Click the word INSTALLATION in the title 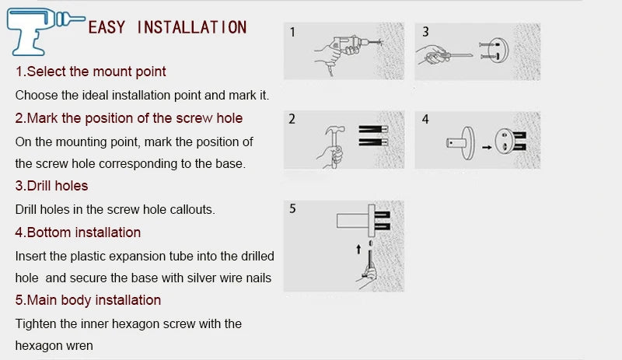click(191, 28)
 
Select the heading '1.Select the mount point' click(92, 72)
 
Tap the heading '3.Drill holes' click(52, 186)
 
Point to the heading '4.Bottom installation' click(79, 232)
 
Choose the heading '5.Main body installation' click(89, 300)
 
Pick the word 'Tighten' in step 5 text click(37, 323)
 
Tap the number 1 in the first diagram click(292, 33)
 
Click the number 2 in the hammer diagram click(292, 120)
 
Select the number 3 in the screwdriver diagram click(425, 33)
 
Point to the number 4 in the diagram click(425, 120)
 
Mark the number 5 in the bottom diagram click(292, 208)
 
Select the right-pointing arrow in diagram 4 click(484, 145)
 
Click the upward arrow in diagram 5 click(358, 250)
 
